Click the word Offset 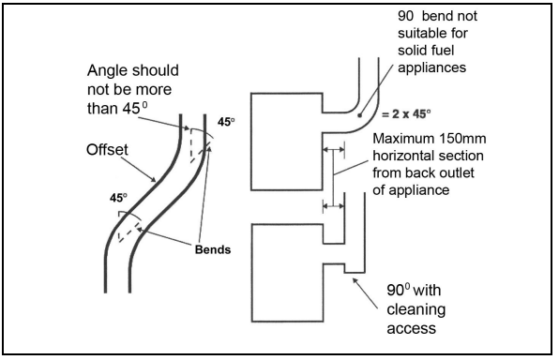point(107,150)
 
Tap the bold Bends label point(213,249)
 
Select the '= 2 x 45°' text point(406,114)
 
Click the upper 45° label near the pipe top point(226,122)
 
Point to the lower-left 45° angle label point(118,198)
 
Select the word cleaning point(416,310)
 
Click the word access point(412,328)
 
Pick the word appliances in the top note point(431,68)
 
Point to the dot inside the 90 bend point(360,115)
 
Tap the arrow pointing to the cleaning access point(365,292)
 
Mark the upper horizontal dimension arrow point(334,150)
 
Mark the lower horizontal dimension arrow point(334,205)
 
